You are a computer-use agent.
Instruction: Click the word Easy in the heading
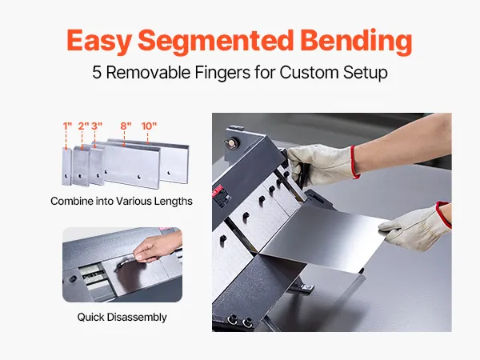point(99,41)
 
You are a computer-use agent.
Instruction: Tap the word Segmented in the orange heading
point(216,41)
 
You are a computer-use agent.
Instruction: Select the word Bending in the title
point(356,41)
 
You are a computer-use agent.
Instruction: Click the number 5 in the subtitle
point(97,73)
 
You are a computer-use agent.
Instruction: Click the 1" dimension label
point(67,126)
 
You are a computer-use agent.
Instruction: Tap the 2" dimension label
point(83,126)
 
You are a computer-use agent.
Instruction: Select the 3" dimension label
point(97,126)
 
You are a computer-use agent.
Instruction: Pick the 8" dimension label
point(126,126)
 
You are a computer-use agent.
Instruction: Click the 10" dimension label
point(149,126)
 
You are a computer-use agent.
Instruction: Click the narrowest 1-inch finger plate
point(66,166)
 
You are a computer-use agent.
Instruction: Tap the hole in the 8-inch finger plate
point(139,177)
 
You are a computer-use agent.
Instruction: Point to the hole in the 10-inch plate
point(169,173)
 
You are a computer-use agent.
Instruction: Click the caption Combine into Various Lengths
point(122,201)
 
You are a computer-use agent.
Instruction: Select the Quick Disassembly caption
point(122,317)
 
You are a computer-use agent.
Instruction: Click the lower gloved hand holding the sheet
point(414,226)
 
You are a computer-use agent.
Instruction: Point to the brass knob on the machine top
point(231,142)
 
